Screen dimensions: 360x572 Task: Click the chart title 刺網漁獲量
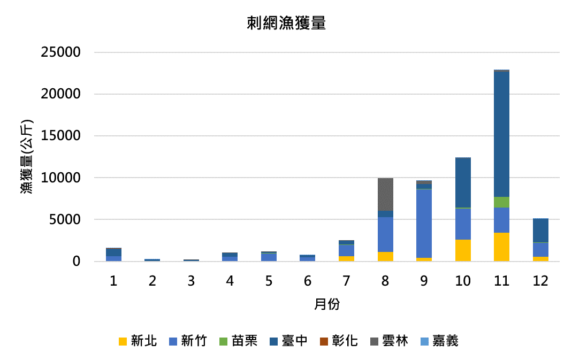click(286, 24)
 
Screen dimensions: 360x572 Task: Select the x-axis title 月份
click(326, 305)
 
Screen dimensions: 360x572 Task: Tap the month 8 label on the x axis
click(385, 281)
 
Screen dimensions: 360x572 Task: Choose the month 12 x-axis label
click(540, 281)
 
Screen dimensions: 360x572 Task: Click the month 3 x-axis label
click(191, 281)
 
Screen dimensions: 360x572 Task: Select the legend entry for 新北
click(138, 341)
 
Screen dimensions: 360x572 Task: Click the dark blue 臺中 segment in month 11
click(501, 134)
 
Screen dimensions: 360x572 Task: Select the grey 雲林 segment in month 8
click(385, 194)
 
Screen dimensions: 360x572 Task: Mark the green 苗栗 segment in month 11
click(501, 202)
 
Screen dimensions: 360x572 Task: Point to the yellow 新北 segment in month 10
click(463, 250)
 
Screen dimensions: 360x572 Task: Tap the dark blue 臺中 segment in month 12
click(540, 231)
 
